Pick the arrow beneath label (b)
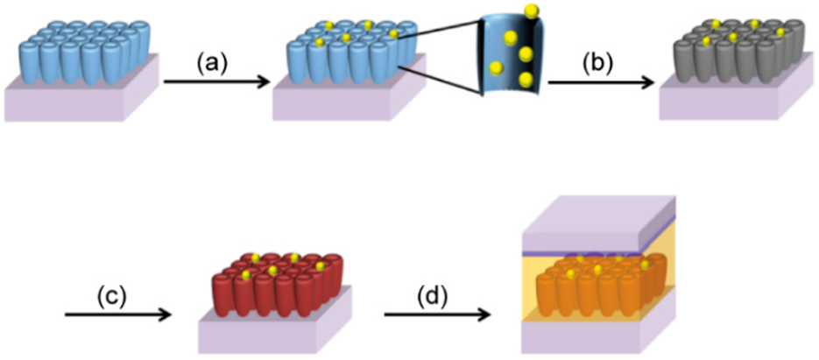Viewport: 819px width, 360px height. pyautogui.click(x=601, y=85)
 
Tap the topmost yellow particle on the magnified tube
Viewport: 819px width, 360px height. pyautogui.click(x=531, y=11)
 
